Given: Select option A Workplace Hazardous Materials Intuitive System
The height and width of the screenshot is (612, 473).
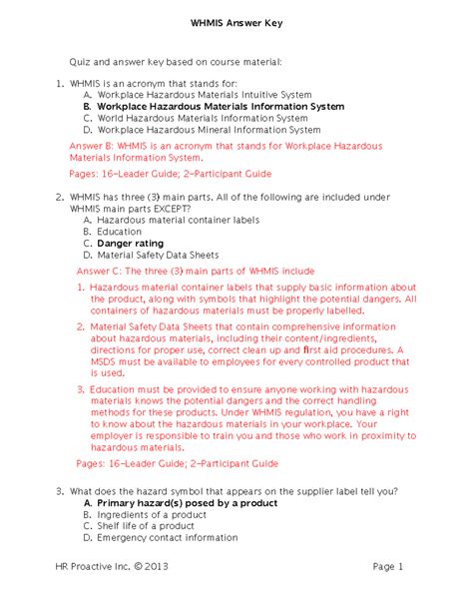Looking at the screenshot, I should [x=204, y=94].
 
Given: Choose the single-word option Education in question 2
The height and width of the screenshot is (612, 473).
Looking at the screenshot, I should [x=120, y=232].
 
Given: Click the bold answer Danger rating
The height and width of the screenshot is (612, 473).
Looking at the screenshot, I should [x=130, y=243].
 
